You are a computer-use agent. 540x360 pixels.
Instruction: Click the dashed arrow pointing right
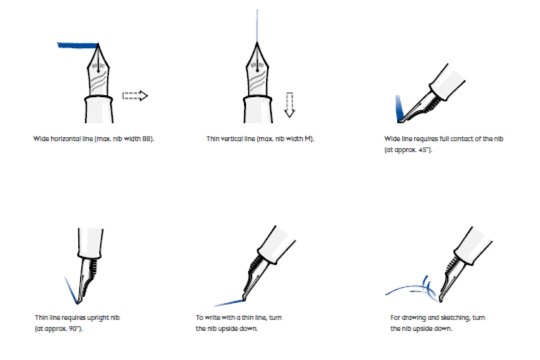click(x=135, y=96)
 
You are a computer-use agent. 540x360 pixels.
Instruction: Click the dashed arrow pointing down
click(x=289, y=105)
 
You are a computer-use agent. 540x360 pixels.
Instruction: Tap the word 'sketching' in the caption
click(x=455, y=318)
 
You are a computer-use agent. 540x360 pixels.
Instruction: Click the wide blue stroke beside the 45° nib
click(x=399, y=108)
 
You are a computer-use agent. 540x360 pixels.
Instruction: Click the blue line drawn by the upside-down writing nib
click(x=229, y=303)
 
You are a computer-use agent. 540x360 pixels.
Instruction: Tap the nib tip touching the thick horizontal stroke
click(x=98, y=44)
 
